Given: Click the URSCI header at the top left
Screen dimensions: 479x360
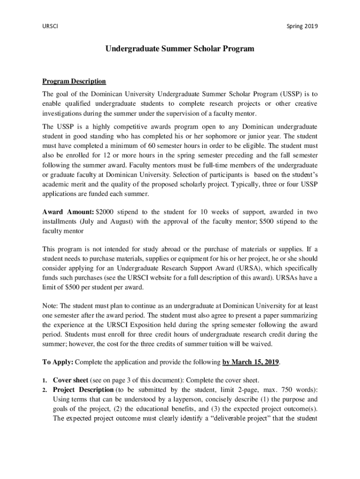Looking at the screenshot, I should click(50, 26).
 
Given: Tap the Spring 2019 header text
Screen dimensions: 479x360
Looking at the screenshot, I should click(302, 26).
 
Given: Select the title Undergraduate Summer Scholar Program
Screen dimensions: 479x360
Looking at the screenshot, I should click(180, 49).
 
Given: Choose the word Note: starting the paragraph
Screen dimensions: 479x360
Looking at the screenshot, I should click(50, 305).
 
